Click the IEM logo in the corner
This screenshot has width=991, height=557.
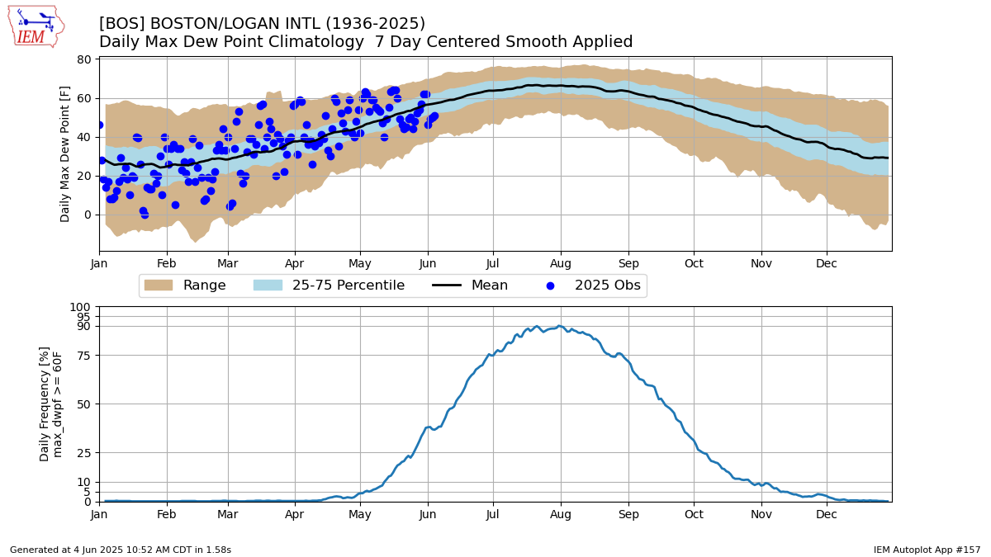[x=35, y=26]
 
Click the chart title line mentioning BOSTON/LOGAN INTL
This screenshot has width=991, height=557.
[x=262, y=24]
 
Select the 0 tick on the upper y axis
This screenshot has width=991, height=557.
[x=88, y=215]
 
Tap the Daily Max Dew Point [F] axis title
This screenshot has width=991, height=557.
[x=66, y=153]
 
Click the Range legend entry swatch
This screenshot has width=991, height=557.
[x=158, y=286]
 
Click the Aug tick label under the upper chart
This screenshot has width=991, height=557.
[x=561, y=264]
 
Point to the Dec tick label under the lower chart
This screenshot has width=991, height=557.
[x=827, y=514]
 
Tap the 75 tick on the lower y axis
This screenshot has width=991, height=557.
[x=87, y=356]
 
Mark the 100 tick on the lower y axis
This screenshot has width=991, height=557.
[x=83, y=307]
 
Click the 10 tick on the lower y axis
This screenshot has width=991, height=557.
[x=87, y=482]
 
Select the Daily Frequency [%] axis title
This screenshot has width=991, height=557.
[x=45, y=404]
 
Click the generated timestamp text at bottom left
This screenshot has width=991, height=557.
[x=121, y=550]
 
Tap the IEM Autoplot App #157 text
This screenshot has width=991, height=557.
[x=927, y=550]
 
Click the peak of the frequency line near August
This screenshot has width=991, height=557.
[x=559, y=326]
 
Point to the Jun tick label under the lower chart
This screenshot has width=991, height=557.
[x=427, y=514]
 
